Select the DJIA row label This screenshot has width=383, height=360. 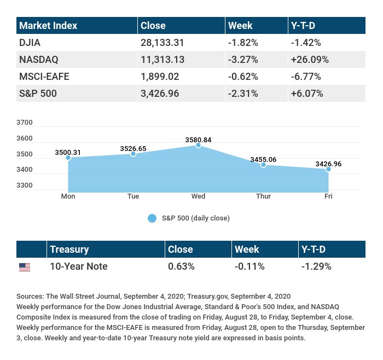(30, 43)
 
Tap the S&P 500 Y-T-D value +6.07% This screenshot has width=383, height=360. (308, 94)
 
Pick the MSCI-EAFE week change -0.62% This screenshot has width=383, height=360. (243, 77)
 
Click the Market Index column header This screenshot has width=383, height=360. (49, 26)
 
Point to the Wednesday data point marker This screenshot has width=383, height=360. (198, 146)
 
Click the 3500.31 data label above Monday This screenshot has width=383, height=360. (68, 152)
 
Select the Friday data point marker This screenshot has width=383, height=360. (328, 169)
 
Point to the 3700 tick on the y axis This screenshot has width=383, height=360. (25, 123)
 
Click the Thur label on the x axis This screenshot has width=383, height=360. (263, 196)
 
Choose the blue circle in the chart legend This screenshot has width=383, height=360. (152, 218)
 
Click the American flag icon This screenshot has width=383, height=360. (25, 267)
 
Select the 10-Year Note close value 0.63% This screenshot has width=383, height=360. (181, 267)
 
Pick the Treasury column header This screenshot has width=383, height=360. (69, 249)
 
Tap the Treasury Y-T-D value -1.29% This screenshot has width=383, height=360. (316, 267)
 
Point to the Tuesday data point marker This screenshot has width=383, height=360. (133, 154)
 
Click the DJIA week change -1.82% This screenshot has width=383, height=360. (243, 43)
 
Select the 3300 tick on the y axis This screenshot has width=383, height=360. (25, 185)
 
